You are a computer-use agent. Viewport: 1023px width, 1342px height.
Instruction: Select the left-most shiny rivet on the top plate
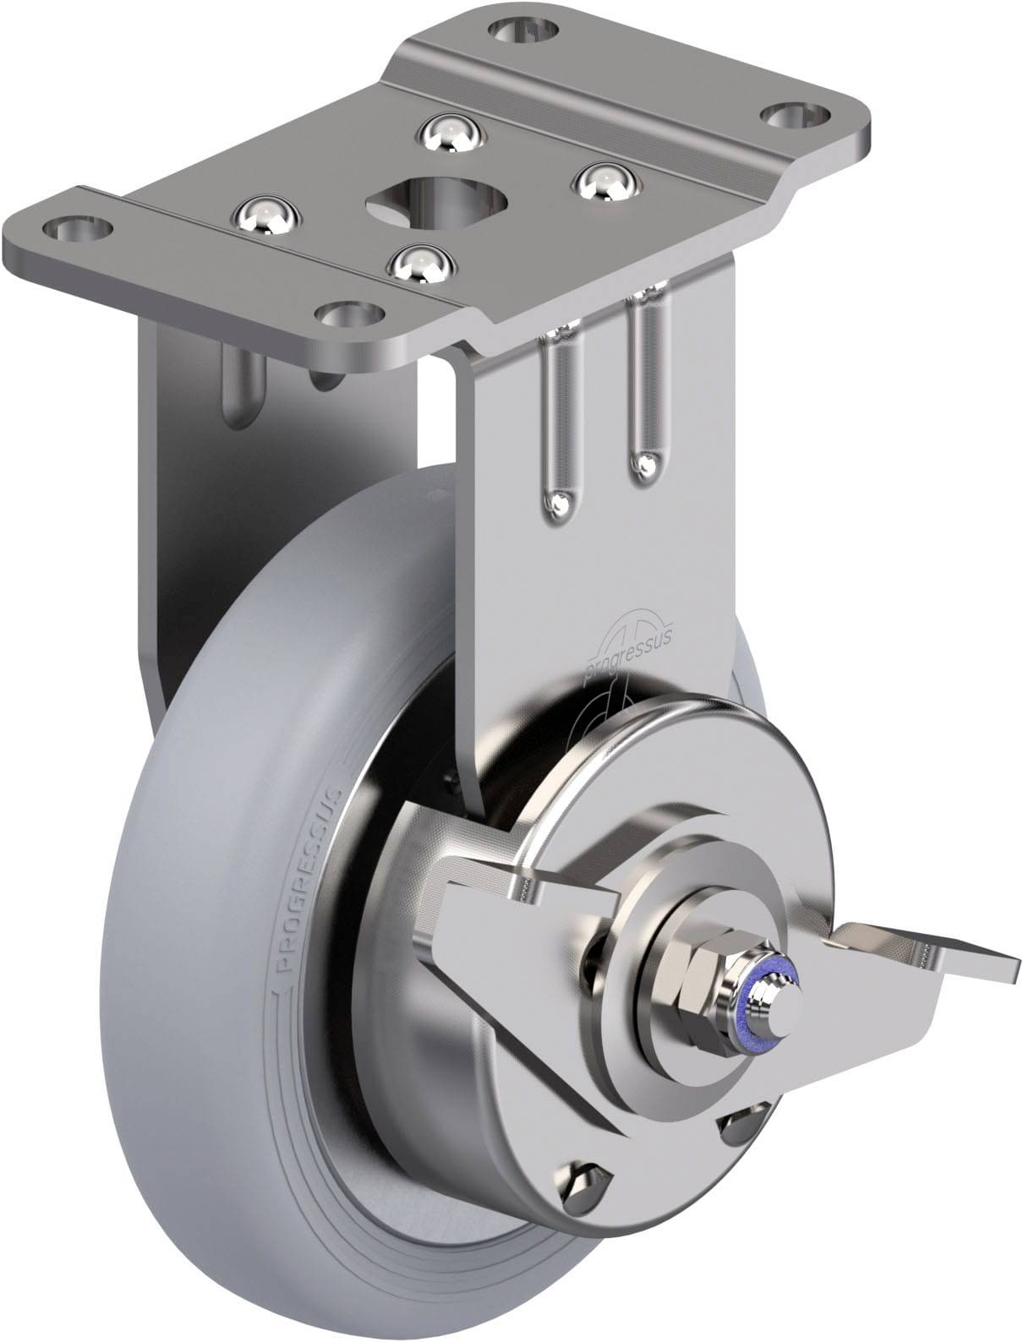(265, 215)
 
